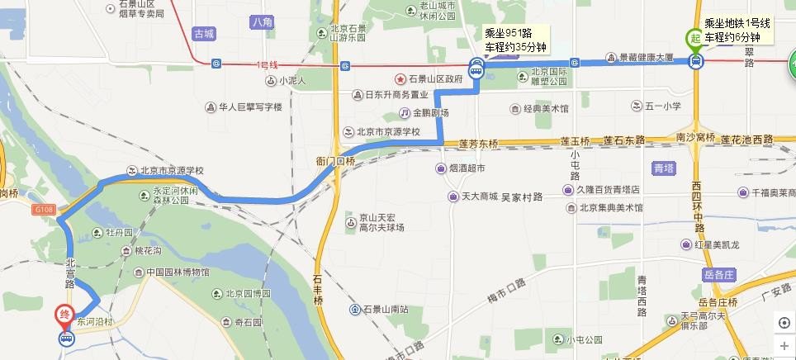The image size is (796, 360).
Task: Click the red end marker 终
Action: [64, 315]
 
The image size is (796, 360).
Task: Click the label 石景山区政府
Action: [429, 79]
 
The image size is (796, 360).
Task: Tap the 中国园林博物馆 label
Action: [177, 272]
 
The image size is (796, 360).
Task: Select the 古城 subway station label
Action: [203, 34]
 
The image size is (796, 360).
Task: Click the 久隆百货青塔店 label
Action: [608, 189]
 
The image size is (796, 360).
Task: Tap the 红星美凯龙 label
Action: [724, 244]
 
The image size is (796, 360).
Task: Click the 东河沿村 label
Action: [93, 317]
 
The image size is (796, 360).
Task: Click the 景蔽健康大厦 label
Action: [646, 58]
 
